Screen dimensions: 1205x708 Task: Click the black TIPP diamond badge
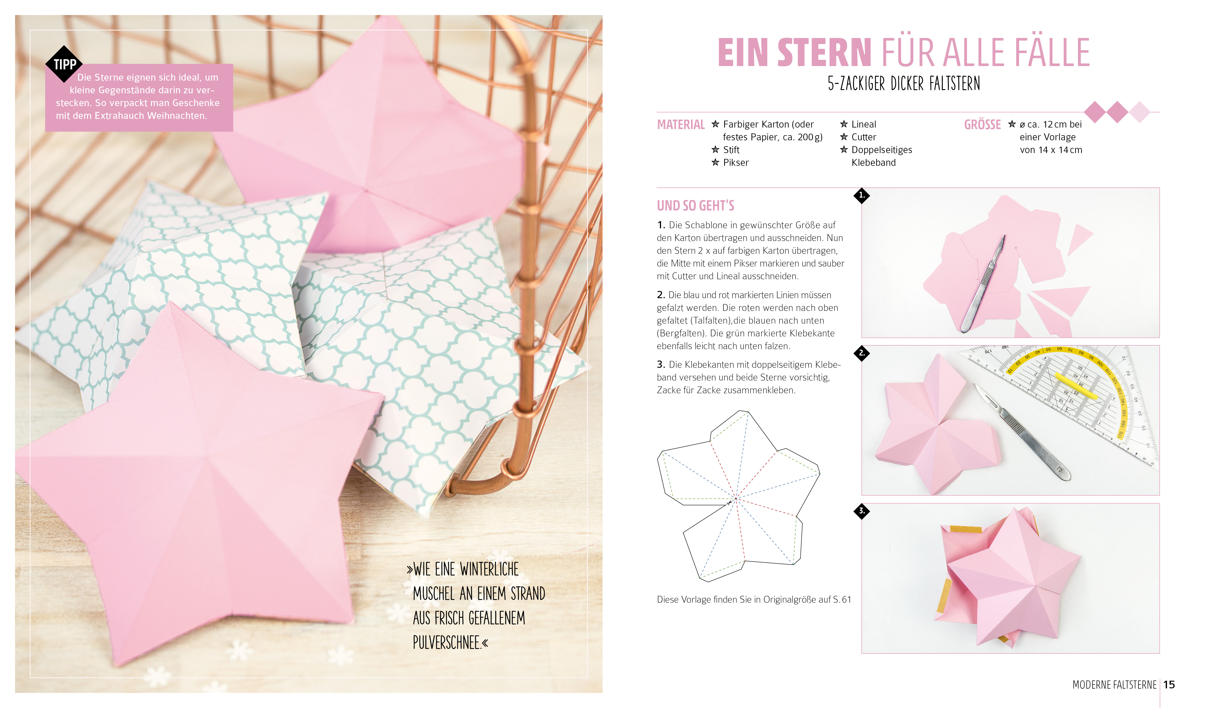[x=64, y=64]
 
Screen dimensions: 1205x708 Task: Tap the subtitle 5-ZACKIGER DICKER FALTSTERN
[x=904, y=84]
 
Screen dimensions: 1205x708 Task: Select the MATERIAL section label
[x=681, y=125]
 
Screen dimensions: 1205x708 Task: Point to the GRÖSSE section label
[x=982, y=125]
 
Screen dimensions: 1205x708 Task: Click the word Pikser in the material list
[x=735, y=162]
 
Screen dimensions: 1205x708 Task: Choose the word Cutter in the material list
[x=864, y=137]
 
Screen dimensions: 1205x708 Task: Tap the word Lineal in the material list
[x=864, y=124]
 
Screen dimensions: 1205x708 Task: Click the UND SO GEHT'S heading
[x=695, y=206]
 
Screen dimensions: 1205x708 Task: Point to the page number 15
[x=1169, y=685]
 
